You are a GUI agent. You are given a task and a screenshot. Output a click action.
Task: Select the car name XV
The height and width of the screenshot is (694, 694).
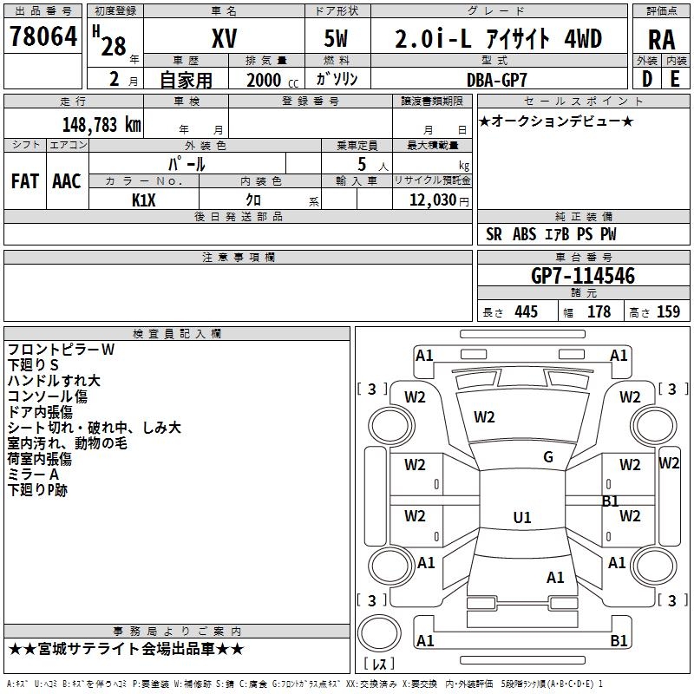coord(224,39)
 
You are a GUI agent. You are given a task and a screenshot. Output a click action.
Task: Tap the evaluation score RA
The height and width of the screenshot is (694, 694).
coord(661,40)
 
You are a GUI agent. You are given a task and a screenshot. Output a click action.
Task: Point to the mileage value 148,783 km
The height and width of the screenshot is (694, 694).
coord(101,124)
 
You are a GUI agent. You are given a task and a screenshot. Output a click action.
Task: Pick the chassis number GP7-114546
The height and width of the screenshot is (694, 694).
coord(583,276)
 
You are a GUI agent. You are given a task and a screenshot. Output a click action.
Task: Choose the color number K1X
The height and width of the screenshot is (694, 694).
coord(144,199)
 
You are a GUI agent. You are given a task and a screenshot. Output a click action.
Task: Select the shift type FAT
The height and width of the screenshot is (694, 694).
coord(25,181)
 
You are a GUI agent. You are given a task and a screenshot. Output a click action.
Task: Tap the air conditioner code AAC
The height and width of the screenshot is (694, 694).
coord(67,181)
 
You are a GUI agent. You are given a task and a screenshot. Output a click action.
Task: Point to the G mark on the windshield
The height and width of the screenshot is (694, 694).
coord(548,457)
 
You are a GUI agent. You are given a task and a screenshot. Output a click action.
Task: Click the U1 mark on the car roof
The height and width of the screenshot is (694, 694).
coord(522,517)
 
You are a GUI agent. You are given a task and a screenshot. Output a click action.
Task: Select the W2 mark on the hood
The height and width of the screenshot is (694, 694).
coord(484,417)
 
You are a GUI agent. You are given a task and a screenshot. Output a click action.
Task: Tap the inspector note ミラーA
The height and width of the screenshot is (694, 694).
coord(33,475)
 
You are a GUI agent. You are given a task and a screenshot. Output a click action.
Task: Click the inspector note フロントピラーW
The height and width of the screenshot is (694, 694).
coord(61,350)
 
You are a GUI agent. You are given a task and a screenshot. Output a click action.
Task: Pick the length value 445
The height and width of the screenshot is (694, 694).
coord(525,312)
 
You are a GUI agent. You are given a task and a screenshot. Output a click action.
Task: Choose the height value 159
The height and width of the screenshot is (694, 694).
coord(668,312)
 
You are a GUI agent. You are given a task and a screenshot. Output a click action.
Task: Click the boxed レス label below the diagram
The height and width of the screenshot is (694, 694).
coord(379,664)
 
